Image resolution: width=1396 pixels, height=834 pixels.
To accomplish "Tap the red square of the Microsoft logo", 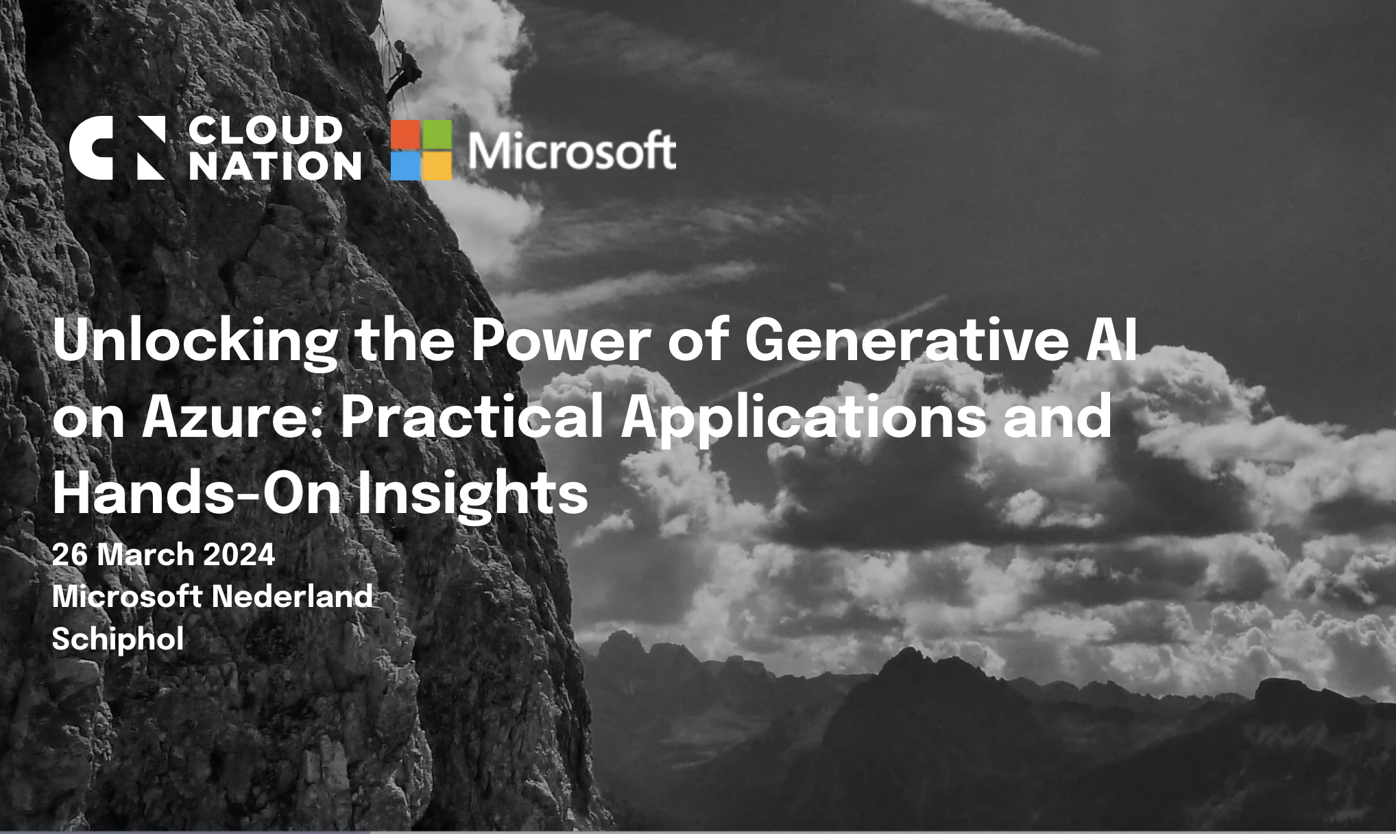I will (405, 134).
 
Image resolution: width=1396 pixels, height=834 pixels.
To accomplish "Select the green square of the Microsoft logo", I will (437, 134).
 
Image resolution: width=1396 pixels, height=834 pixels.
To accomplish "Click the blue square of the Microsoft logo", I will (405, 166).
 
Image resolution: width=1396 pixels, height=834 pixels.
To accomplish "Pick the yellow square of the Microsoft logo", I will (437, 166).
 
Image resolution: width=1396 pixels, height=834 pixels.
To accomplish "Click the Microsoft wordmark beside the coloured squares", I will (572, 151).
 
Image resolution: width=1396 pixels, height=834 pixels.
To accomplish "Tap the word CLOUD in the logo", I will (266, 130).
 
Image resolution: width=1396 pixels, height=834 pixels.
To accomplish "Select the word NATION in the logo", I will (275, 166).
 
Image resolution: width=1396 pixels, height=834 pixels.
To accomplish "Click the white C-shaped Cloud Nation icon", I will (92, 148).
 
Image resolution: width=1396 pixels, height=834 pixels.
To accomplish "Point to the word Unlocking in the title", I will (195, 341).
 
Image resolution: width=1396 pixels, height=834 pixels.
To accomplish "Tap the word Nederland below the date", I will (292, 596).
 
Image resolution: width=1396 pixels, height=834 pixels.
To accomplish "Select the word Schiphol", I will (118, 639).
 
